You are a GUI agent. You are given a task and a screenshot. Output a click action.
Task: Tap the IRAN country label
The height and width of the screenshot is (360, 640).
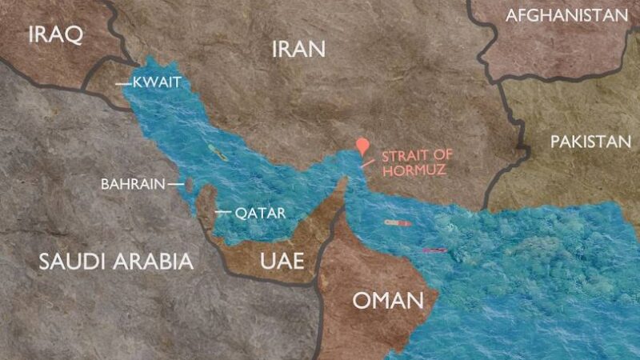click(298, 50)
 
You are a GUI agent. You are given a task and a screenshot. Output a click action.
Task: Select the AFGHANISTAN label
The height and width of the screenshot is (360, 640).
click(566, 15)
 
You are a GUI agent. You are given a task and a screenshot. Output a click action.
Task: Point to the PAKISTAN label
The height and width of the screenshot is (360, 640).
click(590, 142)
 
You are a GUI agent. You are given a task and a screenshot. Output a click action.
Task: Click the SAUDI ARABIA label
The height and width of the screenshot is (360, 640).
click(117, 261)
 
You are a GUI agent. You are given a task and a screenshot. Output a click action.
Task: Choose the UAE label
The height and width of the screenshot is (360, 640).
click(282, 261)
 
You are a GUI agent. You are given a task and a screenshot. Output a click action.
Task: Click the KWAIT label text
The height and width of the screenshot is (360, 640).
click(158, 82)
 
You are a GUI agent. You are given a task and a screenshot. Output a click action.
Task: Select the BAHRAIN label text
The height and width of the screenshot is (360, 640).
click(132, 184)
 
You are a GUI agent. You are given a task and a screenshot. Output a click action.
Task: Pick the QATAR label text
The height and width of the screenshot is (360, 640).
click(255, 214)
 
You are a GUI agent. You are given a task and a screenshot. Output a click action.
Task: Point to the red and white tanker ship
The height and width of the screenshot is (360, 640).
click(398, 223)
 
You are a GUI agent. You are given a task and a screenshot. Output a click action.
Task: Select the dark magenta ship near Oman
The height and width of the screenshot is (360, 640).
click(434, 251)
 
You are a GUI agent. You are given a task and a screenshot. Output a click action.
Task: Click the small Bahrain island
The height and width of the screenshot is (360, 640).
click(190, 186)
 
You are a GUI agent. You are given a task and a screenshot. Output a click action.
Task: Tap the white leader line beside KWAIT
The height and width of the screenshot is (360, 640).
click(122, 82)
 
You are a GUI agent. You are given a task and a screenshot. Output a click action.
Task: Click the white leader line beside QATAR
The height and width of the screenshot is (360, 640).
click(222, 213)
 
